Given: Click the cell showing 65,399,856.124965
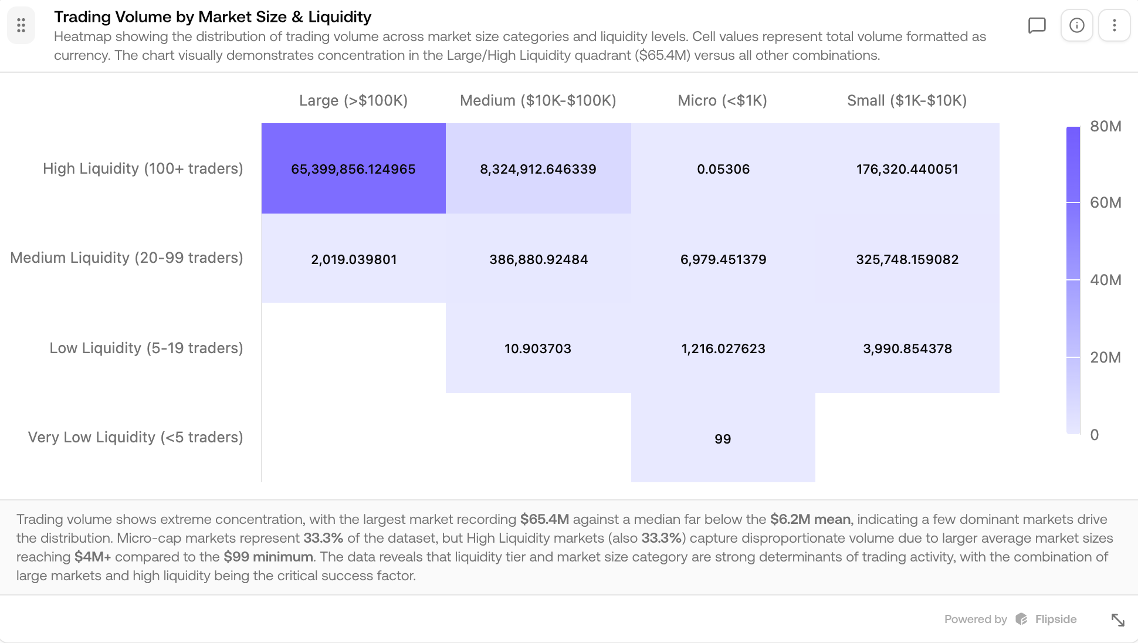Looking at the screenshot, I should pyautogui.click(x=353, y=169).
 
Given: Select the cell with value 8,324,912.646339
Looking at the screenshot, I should pyautogui.click(x=538, y=169).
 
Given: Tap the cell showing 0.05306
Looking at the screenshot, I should pyautogui.click(x=723, y=169).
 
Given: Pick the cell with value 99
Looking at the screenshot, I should pyautogui.click(x=723, y=439).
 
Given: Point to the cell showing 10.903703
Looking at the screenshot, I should pyautogui.click(x=538, y=348).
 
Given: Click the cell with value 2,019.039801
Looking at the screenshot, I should pyautogui.click(x=353, y=259).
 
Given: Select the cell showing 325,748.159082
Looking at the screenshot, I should pyautogui.click(x=907, y=259).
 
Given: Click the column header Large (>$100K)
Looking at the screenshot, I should pyautogui.click(x=353, y=100).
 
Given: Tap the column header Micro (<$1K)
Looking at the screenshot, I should pyautogui.click(x=722, y=100).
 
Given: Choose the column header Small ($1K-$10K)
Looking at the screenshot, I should pyautogui.click(x=907, y=100).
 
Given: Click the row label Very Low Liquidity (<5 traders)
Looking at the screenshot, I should pyautogui.click(x=136, y=437).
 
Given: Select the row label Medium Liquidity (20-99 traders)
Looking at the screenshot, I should pyautogui.click(x=127, y=258).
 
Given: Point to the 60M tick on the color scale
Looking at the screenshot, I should pyautogui.click(x=1105, y=202).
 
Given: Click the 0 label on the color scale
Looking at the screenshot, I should pyautogui.click(x=1094, y=435).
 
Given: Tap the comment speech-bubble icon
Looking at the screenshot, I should pyautogui.click(x=1037, y=25).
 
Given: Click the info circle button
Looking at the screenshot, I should pyautogui.click(x=1076, y=25).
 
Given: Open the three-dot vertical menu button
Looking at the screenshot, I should pyautogui.click(x=1114, y=25).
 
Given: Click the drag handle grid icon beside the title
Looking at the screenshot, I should pyautogui.click(x=21, y=25).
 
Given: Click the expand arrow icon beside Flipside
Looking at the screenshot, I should pyautogui.click(x=1117, y=620).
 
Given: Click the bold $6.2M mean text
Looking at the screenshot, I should pyautogui.click(x=810, y=519).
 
